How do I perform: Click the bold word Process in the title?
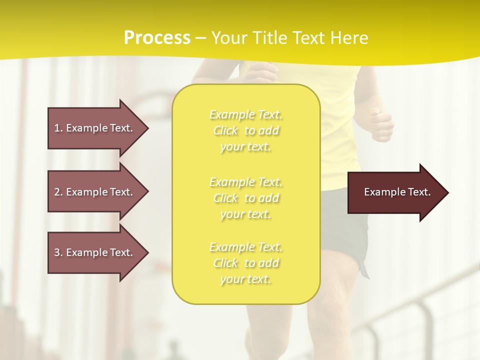pyautogui.click(x=157, y=38)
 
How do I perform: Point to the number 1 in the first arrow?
pyautogui.click(x=57, y=128)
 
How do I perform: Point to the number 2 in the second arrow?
pyautogui.click(x=57, y=192)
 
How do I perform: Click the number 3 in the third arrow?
pyautogui.click(x=57, y=252)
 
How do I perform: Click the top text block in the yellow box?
pyautogui.click(x=245, y=130)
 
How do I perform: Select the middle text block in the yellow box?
pyautogui.click(x=245, y=198)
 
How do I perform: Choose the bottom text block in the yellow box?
pyautogui.click(x=245, y=263)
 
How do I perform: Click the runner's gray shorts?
pyautogui.click(x=345, y=220)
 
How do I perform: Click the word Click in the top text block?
pyautogui.click(x=226, y=131)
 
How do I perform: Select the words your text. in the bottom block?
pyautogui.click(x=245, y=279)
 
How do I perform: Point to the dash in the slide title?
pyautogui.click(x=201, y=38)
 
